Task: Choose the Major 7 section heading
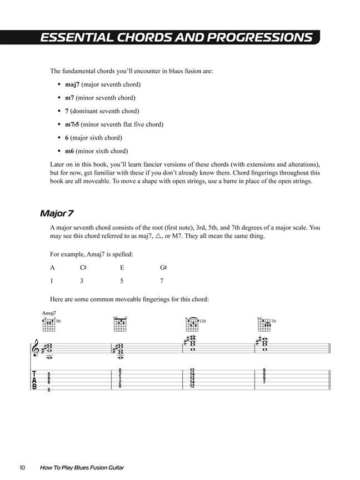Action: [57, 213]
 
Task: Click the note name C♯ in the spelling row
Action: [83, 268]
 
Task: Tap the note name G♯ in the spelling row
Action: [163, 268]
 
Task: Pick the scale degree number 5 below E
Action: [122, 281]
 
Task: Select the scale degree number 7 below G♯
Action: [162, 281]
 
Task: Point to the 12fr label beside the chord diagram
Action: [203, 321]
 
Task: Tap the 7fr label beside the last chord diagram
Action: [273, 321]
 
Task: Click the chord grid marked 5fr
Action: [49, 324]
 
